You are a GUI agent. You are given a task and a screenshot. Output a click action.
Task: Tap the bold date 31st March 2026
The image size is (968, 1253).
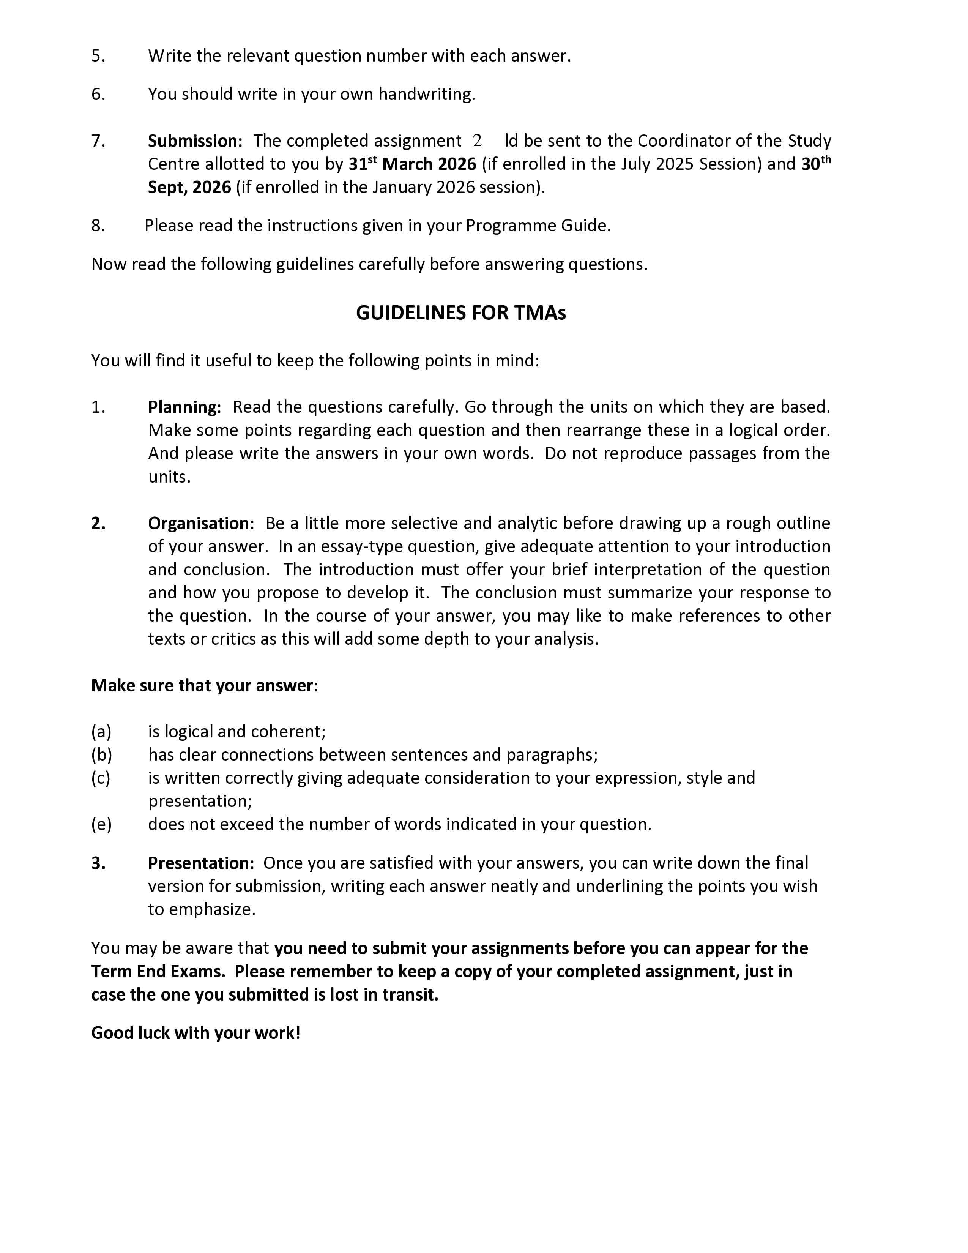412,165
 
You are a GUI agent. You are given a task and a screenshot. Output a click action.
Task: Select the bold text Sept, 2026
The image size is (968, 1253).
189,188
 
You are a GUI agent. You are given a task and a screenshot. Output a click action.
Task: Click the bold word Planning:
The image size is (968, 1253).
184,407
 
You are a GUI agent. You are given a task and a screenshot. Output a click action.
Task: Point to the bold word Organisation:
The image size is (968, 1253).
201,523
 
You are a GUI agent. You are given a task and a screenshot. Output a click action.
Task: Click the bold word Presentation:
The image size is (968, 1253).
201,863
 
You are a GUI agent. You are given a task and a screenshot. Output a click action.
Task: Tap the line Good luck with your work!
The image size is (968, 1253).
195,1033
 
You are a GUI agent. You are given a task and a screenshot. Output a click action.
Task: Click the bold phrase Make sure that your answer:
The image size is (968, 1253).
204,686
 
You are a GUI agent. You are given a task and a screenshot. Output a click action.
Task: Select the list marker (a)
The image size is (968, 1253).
101,732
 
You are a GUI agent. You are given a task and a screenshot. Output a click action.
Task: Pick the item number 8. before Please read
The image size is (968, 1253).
98,226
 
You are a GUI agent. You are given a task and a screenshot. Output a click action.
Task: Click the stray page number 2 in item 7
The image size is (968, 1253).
477,140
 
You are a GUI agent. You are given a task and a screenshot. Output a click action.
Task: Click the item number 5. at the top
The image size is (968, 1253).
98,56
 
